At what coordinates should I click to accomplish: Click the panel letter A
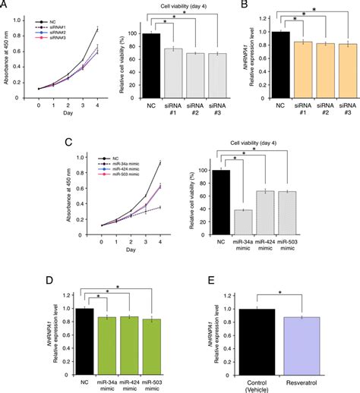pyautogui.click(x=6, y=6)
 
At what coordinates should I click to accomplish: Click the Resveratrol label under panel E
pyautogui.click(x=308, y=380)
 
